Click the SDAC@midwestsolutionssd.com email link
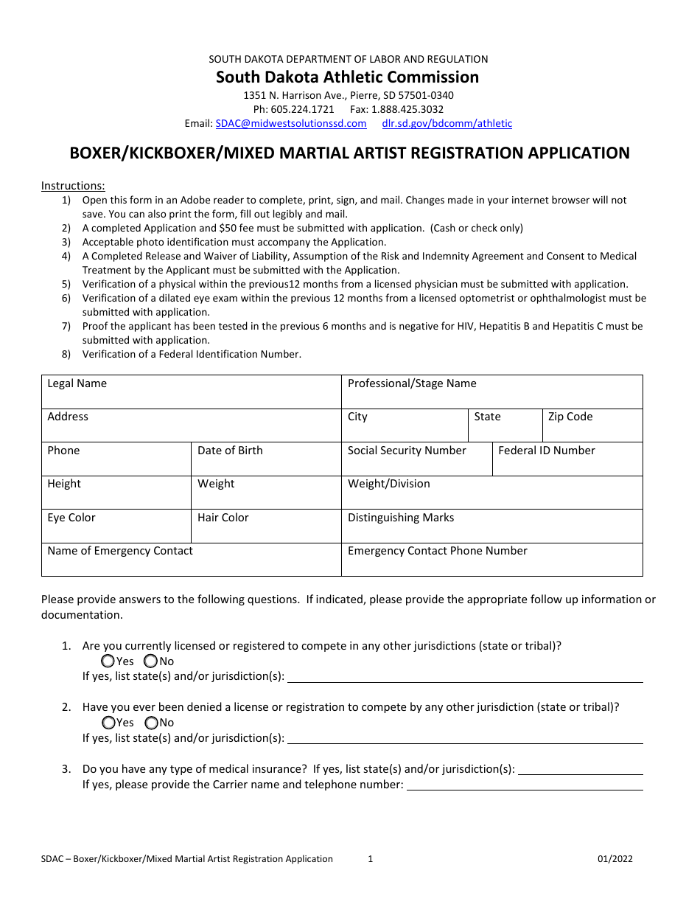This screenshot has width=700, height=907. pos(291,124)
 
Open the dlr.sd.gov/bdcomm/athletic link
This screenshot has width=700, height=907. pos(447,124)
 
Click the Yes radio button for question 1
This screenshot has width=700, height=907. pos(108,661)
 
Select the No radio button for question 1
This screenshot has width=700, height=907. pos(151,661)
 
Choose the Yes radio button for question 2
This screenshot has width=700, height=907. pos(108,723)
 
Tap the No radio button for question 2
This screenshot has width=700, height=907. pos(151,723)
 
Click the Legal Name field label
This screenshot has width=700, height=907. pos(77,383)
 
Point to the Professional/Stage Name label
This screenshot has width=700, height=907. pos(412,383)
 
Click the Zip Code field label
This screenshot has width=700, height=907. pos(570,417)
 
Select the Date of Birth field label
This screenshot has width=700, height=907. pos(230,451)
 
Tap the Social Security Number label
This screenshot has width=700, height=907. pos(407,451)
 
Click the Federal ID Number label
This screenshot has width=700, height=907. pos(546,451)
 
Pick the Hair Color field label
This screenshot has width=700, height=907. pos(223,518)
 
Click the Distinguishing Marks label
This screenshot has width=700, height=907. pos(401,518)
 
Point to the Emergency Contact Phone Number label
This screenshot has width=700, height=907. pos(437,551)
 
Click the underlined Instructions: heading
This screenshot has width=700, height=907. pos(73,186)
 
